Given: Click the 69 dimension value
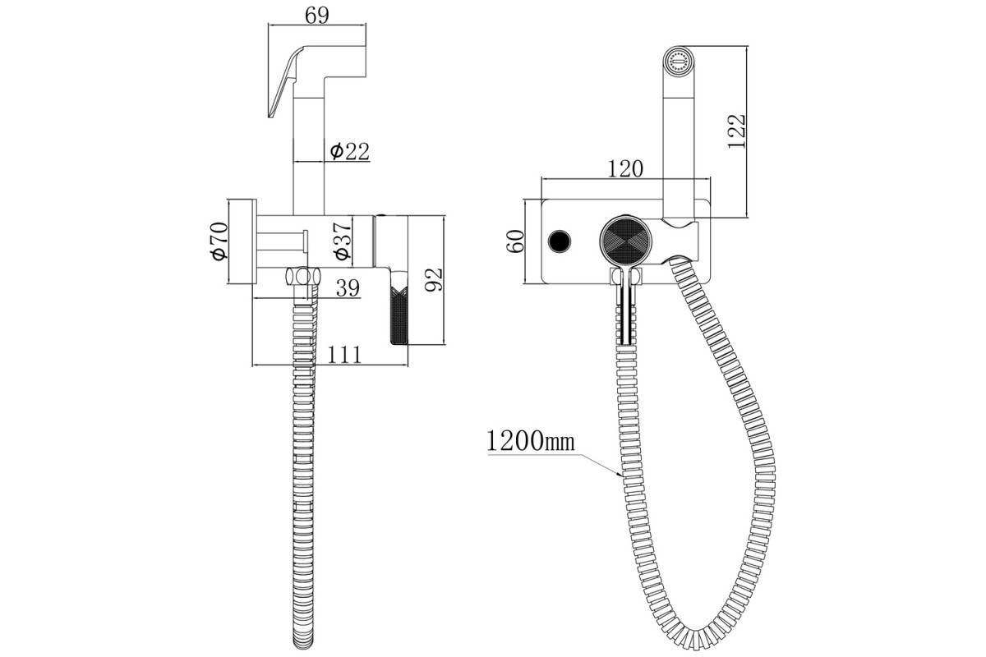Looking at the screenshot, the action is click(317, 16).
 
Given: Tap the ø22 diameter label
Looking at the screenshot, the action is click(349, 151).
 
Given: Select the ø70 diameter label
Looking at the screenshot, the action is click(219, 241).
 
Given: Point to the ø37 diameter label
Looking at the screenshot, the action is click(343, 240).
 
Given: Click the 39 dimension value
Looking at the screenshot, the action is click(348, 288).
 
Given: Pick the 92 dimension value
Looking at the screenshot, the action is click(434, 279).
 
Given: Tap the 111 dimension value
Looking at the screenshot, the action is click(344, 355).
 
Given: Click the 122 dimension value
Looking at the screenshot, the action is click(736, 131).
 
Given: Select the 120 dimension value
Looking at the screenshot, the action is click(625, 168).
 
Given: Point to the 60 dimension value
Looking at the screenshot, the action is click(515, 241).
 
